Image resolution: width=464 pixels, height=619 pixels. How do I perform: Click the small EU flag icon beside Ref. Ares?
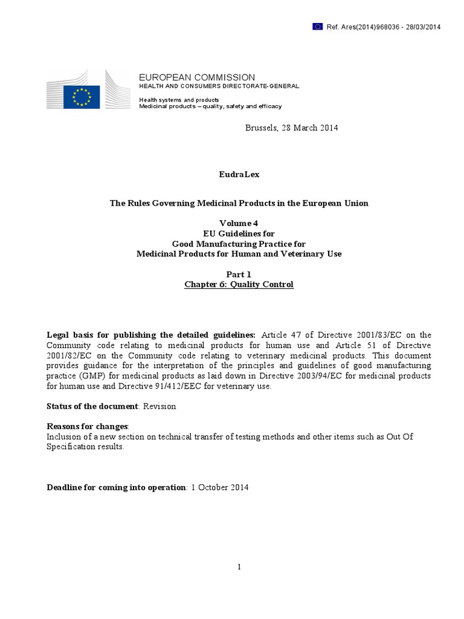[x=317, y=26]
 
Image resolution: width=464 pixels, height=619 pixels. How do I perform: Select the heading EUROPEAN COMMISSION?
[x=197, y=77]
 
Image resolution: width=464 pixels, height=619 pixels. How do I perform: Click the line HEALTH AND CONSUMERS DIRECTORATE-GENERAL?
[x=219, y=86]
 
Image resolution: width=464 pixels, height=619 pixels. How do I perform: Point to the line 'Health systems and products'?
[x=179, y=99]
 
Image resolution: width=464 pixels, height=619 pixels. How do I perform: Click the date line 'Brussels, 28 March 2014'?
[x=291, y=128]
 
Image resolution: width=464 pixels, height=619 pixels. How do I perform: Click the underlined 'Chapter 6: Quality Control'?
[x=239, y=285]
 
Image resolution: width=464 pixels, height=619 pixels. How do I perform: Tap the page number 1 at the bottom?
[x=239, y=566]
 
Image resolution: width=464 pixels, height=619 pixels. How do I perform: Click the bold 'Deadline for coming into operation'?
[x=117, y=488]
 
